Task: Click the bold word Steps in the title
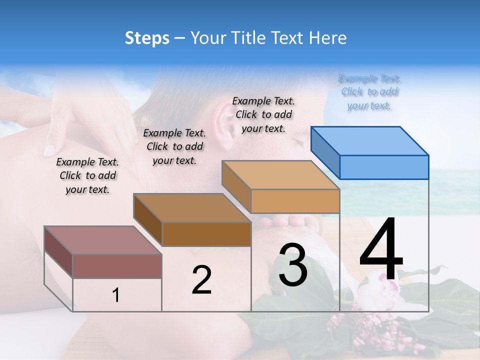coord(147,38)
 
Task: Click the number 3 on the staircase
coord(293,265)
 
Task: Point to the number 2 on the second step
coord(201,280)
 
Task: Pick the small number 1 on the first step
coord(116,295)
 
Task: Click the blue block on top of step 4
coord(383,166)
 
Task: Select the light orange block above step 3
coord(294,200)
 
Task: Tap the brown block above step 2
coord(206,233)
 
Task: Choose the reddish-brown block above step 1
coord(116,266)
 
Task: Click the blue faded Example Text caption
coord(369,92)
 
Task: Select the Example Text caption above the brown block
coord(174,146)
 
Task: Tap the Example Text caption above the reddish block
coord(87,175)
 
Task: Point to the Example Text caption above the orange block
coord(263,114)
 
